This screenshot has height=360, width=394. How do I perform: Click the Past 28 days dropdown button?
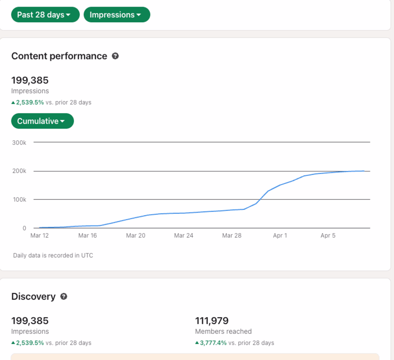point(45,14)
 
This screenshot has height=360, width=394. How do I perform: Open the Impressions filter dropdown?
point(117,14)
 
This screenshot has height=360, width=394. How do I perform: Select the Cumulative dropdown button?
point(42,121)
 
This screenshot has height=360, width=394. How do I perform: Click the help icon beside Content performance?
point(115,56)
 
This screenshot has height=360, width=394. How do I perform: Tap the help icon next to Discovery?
point(64,297)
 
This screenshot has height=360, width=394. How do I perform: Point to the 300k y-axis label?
point(19,143)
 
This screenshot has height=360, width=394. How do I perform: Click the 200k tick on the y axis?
point(19,171)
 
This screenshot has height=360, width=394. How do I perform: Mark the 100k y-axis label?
point(20,199)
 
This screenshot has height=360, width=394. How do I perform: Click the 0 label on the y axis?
point(25,228)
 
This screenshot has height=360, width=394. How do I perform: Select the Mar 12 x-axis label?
point(39,235)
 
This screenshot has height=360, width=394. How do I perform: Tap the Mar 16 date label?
point(88,235)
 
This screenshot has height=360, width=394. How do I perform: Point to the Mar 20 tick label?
point(136,235)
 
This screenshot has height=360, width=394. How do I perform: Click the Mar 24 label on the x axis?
point(184,235)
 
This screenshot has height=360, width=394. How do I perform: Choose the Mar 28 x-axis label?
point(232,235)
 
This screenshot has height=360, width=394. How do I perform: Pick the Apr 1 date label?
point(280,235)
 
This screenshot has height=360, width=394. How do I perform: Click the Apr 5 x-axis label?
point(328,235)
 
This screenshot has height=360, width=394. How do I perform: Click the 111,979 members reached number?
point(212,321)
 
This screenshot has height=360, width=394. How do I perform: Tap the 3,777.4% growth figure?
point(213,343)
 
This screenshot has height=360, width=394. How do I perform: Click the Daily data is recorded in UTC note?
point(53,255)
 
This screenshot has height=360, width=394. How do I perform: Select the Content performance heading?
point(59,56)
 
